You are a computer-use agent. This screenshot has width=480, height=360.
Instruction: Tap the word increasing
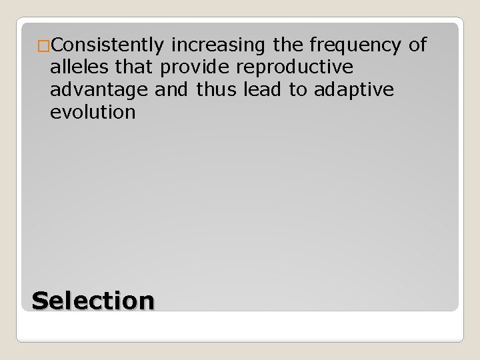coord(213,45)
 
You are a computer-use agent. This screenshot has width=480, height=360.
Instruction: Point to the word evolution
coord(93,112)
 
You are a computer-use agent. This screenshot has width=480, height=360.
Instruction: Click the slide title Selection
coord(93,300)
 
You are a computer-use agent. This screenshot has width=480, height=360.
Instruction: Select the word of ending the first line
coord(417,45)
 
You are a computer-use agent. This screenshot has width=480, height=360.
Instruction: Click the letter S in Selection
coord(41,300)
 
